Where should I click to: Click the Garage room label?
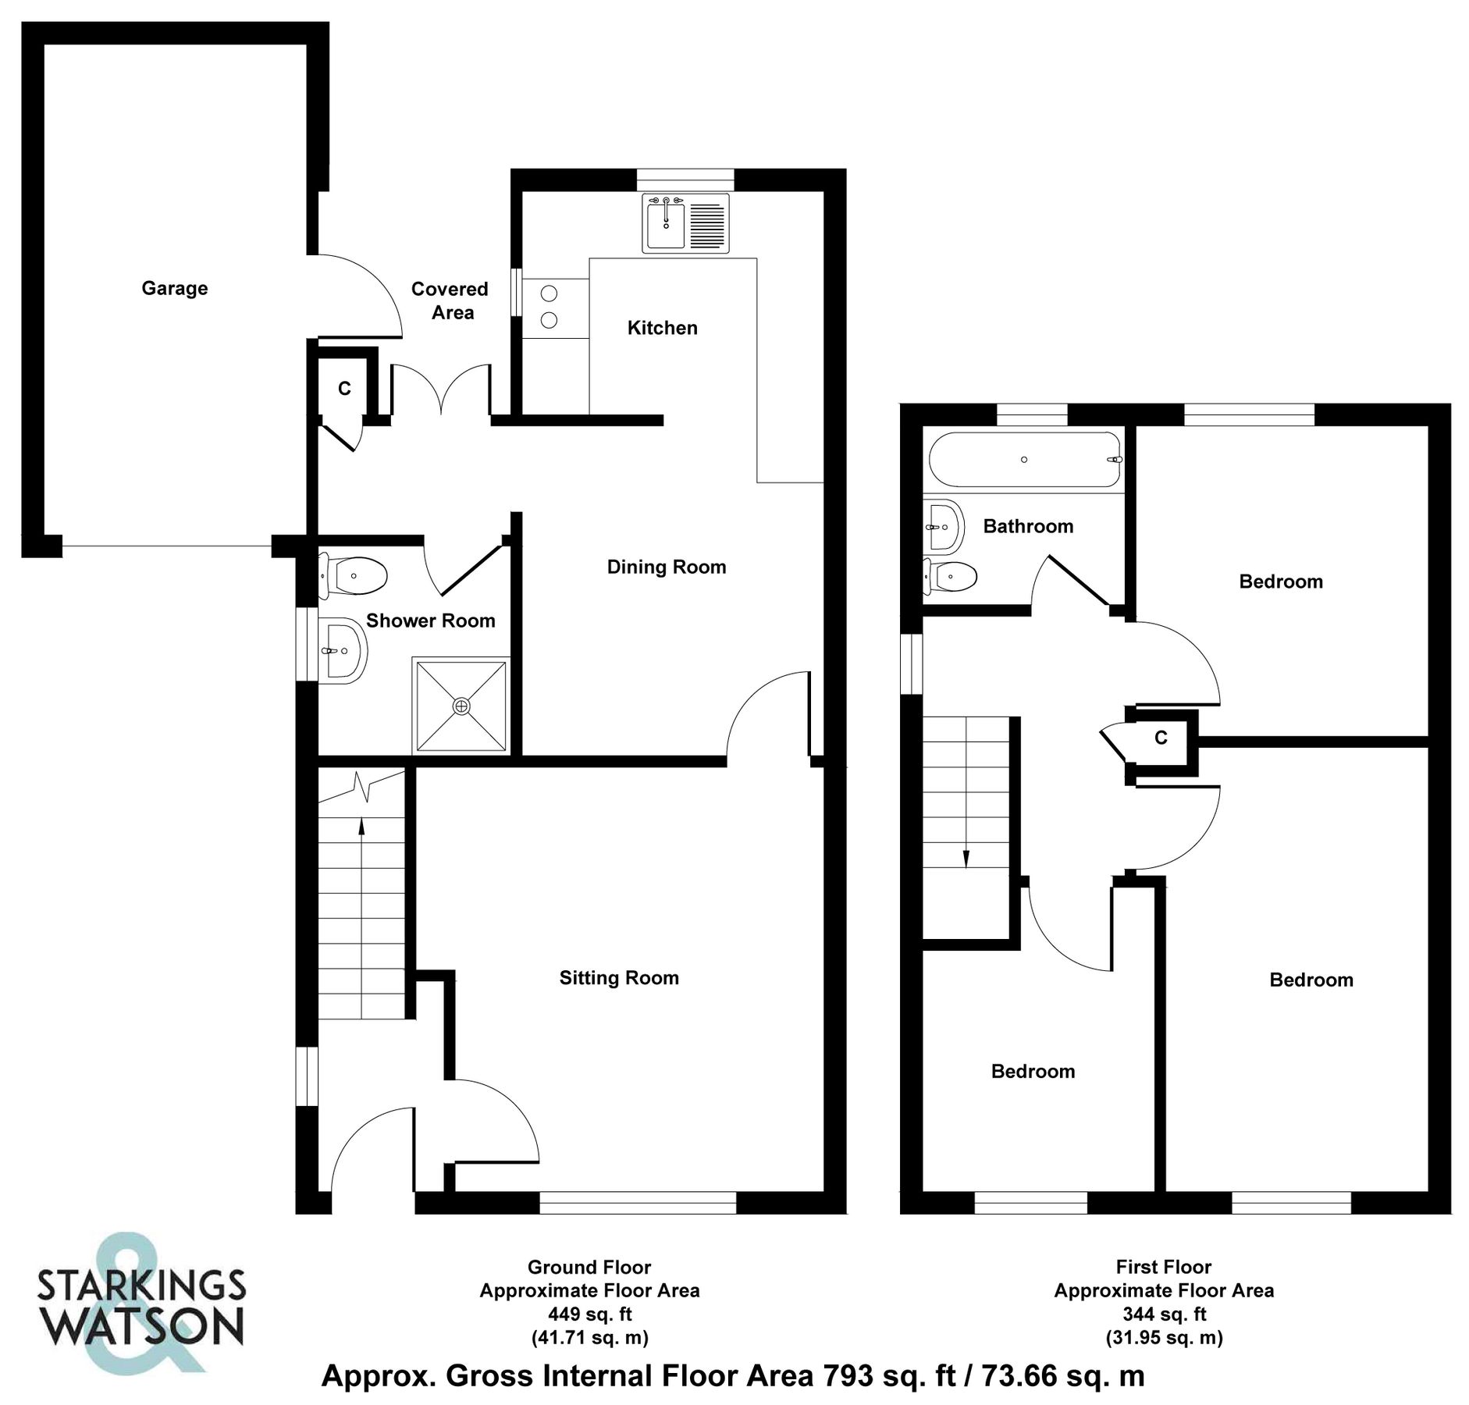point(174,289)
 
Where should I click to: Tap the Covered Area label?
point(450,301)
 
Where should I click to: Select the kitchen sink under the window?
point(665,224)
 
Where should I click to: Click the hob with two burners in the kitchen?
point(550,307)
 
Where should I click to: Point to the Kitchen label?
point(662,328)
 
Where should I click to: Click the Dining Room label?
point(666,567)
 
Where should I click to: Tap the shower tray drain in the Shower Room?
point(462,706)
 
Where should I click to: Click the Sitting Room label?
point(619,978)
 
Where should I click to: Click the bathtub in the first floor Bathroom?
point(1025,460)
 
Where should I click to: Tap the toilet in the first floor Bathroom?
point(951,577)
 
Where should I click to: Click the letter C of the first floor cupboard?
point(1161,738)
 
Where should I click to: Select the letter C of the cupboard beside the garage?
point(344,388)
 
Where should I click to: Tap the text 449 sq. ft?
point(589,1315)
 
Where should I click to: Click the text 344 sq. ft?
point(1164,1315)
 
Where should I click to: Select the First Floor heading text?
point(1164,1267)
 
